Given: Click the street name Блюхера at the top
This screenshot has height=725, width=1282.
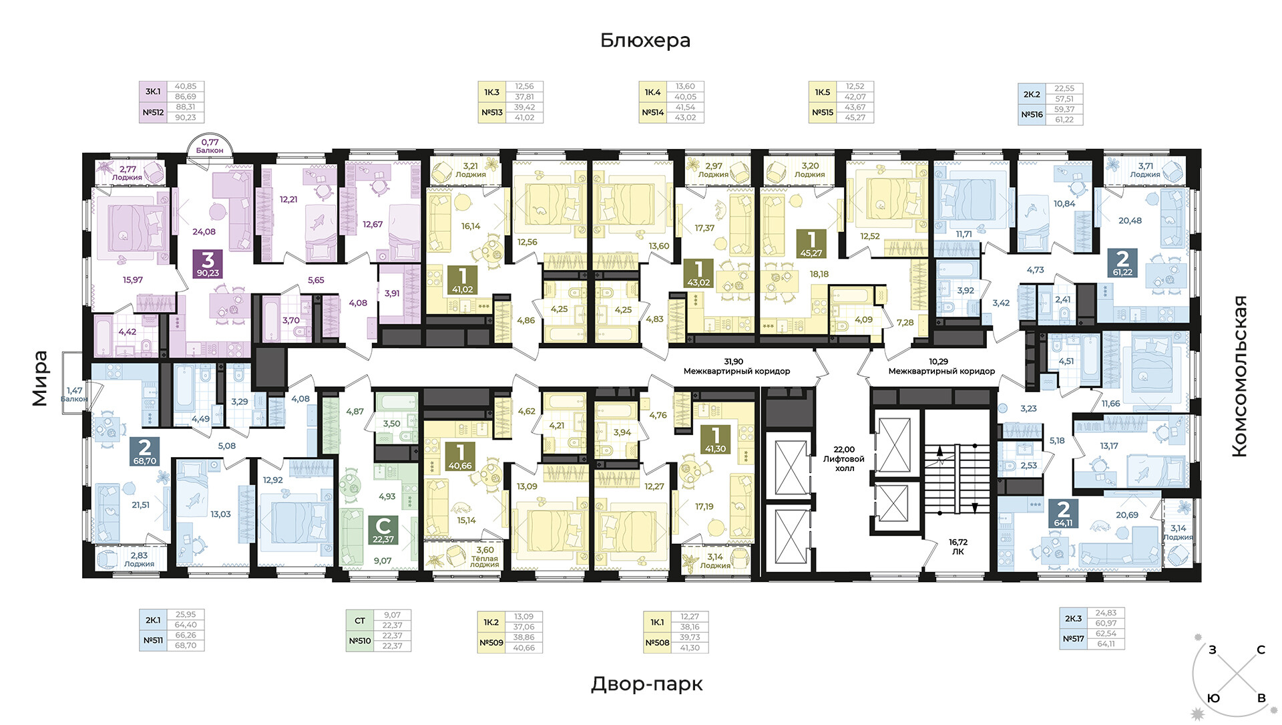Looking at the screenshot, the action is click(x=645, y=41).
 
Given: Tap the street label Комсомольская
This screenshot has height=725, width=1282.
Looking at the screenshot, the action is click(x=1239, y=376).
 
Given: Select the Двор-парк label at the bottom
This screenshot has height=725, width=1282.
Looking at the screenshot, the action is click(x=646, y=684).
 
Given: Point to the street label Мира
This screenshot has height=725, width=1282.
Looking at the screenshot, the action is click(x=40, y=378).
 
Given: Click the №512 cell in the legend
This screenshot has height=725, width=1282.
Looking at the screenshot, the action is click(x=153, y=112).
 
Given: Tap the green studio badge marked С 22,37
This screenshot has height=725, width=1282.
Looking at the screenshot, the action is click(x=383, y=530).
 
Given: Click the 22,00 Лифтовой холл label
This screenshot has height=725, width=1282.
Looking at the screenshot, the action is click(x=844, y=459).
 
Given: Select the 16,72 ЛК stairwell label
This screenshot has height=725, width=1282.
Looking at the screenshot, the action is click(x=958, y=547).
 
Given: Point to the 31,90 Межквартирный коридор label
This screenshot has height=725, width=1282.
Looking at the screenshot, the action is click(x=736, y=366).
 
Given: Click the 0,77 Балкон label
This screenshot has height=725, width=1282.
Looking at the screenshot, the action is click(x=210, y=146).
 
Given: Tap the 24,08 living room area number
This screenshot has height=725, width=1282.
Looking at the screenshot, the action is click(x=204, y=232).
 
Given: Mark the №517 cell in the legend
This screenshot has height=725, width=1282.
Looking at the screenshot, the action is click(x=1073, y=639).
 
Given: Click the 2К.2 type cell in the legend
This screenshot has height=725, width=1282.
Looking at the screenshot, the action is click(x=1032, y=94).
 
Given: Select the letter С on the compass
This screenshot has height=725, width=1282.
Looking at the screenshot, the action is click(x=1261, y=650).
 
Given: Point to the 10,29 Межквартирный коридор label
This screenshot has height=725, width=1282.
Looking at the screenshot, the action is click(x=941, y=366).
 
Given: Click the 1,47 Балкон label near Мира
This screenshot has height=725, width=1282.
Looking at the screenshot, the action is click(x=74, y=394).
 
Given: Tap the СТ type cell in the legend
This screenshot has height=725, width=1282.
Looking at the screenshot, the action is click(x=359, y=621).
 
